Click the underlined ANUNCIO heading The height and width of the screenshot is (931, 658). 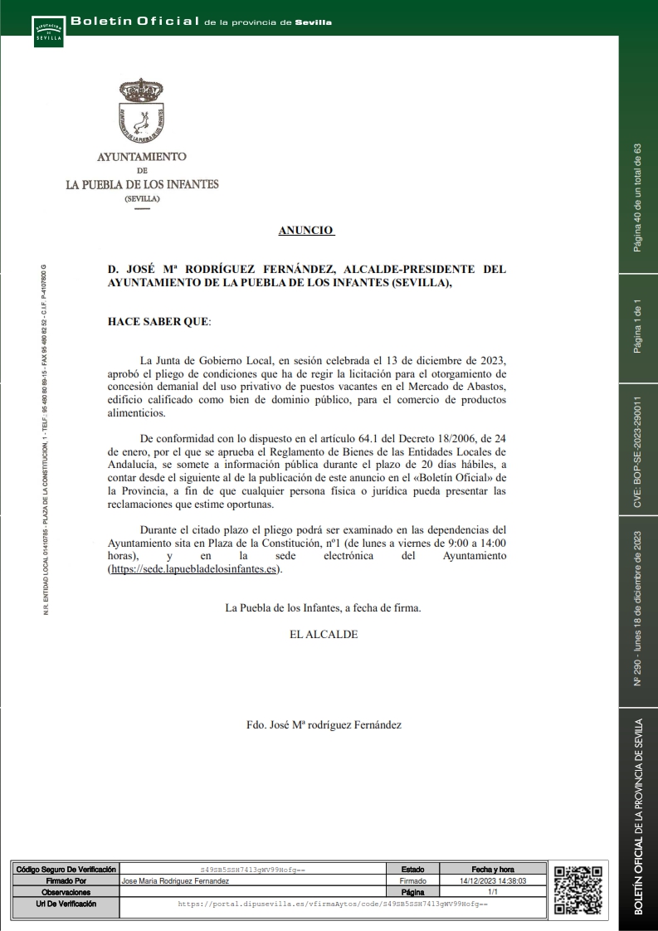click(x=306, y=231)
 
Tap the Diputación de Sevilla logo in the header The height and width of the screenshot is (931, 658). click(x=47, y=31)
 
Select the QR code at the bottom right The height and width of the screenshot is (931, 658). click(x=578, y=890)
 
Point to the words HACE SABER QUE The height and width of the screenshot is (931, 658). click(x=159, y=321)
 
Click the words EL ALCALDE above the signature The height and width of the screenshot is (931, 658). click(x=324, y=634)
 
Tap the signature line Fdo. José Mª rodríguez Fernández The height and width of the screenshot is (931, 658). click(x=324, y=724)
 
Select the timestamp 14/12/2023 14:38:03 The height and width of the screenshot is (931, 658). click(x=493, y=880)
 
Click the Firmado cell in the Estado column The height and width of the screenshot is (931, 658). click(x=412, y=880)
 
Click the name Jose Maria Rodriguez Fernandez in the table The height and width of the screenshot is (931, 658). click(x=175, y=880)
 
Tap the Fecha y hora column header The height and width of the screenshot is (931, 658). click(x=493, y=869)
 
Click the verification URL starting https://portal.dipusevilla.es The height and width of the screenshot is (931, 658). click(x=333, y=904)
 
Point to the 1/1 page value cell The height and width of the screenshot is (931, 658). click(x=493, y=892)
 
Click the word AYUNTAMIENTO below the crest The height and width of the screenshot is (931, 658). click(x=142, y=156)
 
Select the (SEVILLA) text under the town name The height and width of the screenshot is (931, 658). click(x=142, y=199)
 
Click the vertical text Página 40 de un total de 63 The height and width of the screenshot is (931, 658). click(x=638, y=197)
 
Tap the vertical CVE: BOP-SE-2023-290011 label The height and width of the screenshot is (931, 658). click(x=638, y=451)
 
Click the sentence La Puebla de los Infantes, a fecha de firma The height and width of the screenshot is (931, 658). click(x=324, y=608)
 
